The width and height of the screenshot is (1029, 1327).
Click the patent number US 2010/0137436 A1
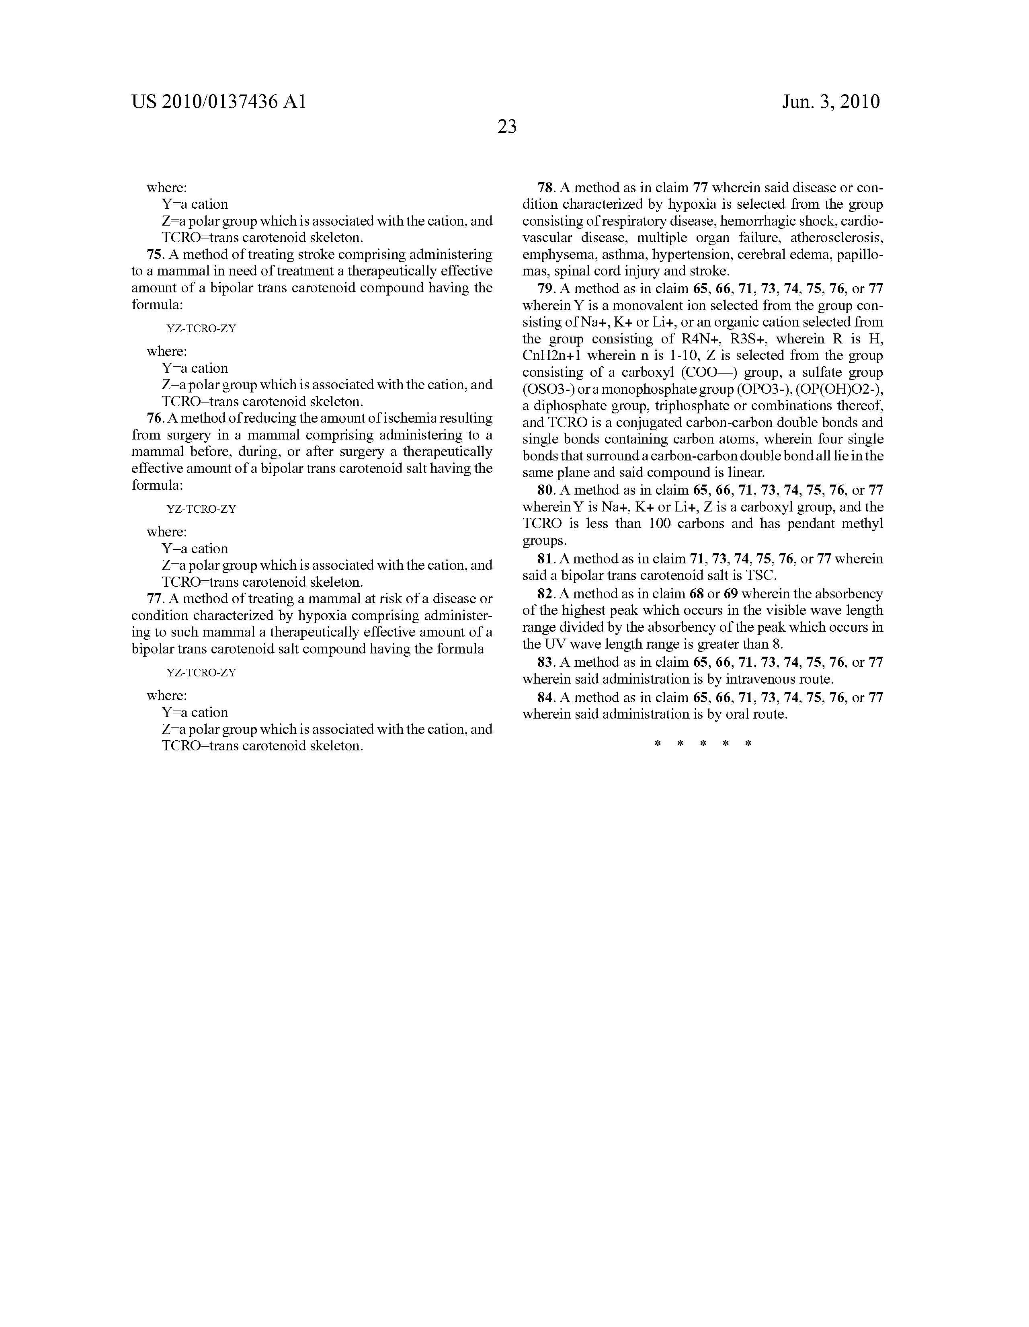(219, 101)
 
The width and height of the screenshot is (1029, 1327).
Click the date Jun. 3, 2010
(830, 101)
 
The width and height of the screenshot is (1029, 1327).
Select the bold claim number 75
(154, 254)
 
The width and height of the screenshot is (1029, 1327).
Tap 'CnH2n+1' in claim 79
(551, 355)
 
